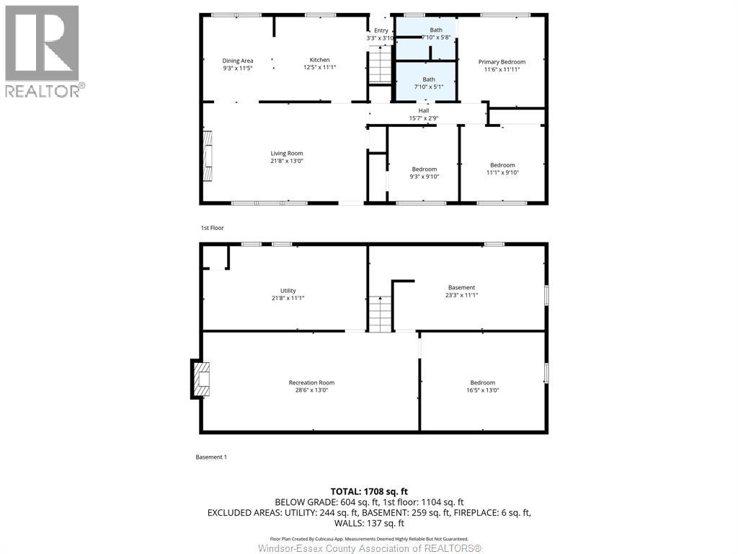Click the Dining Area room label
pyautogui.click(x=238, y=61)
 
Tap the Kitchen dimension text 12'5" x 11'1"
pyautogui.click(x=319, y=67)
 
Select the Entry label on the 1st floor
pyautogui.click(x=381, y=30)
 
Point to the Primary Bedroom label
pyautogui.click(x=502, y=62)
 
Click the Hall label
pyautogui.click(x=424, y=110)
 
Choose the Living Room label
pyautogui.click(x=287, y=153)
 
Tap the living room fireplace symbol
pyautogui.click(x=208, y=156)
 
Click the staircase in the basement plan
pyautogui.click(x=380, y=314)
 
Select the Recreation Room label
pyautogui.click(x=311, y=382)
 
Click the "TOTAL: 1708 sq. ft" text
pyautogui.click(x=369, y=492)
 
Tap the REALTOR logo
pyautogui.click(x=45, y=51)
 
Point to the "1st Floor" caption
pyautogui.click(x=213, y=228)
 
